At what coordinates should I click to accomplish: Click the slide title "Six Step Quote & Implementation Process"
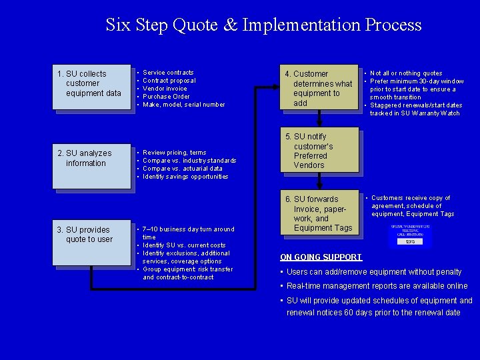pos(263,25)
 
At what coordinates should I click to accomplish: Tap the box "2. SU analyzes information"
pos(92,161)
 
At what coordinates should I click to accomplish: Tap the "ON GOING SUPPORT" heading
pos(321,257)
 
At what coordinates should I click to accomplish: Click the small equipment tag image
pos(410,235)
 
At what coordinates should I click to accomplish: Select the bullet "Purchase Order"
pos(166,97)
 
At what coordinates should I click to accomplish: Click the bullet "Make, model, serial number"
pos(183,105)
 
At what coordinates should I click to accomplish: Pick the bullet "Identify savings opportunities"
pos(185,177)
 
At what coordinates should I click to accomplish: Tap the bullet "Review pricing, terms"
pos(175,153)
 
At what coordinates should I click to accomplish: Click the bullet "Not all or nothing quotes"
pos(406,73)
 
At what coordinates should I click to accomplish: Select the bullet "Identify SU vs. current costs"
pos(184,245)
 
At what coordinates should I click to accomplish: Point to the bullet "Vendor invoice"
pos(165,89)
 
